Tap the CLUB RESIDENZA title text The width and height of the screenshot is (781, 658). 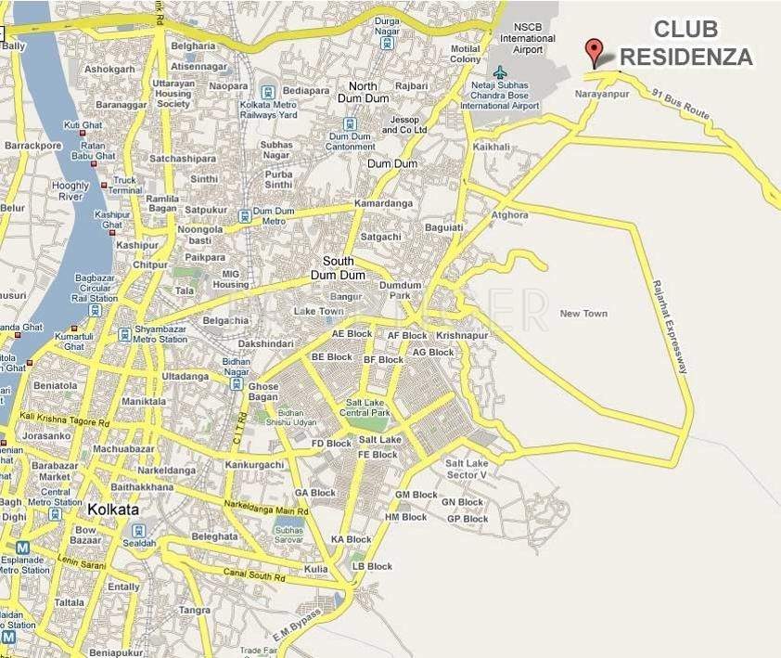685,45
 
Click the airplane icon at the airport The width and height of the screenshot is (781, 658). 501,72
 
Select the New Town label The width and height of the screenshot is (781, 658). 583,314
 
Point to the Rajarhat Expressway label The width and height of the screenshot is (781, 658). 671,327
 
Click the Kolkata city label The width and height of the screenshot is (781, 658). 113,510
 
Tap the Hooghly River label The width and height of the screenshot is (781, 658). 70,191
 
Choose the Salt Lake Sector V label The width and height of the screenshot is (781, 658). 466,469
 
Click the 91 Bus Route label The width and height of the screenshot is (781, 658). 680,107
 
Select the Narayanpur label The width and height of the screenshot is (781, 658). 602,95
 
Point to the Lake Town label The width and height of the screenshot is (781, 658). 318,311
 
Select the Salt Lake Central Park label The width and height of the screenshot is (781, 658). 366,407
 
